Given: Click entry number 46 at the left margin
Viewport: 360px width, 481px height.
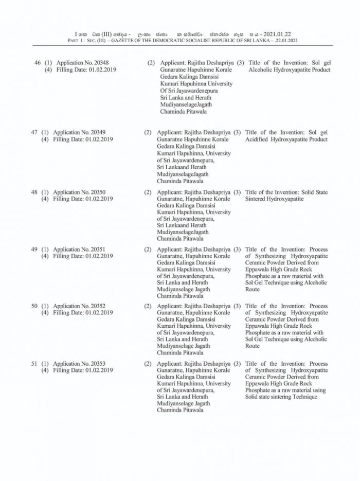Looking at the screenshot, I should point(37,63).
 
